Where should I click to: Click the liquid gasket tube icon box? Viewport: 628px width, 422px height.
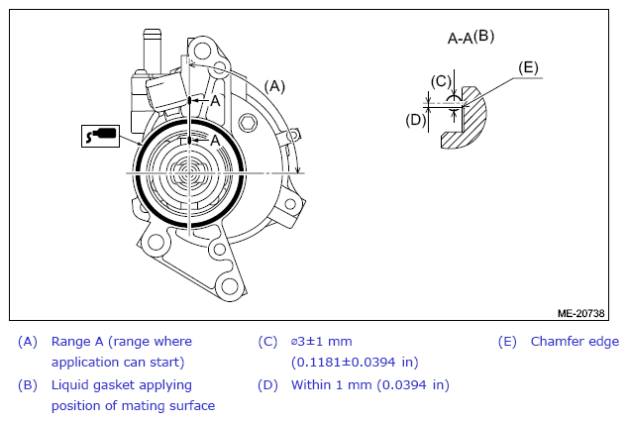(100, 136)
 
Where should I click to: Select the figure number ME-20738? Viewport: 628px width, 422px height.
(580, 313)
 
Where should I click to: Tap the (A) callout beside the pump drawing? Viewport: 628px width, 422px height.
(274, 86)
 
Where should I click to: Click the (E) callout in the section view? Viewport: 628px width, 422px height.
(528, 67)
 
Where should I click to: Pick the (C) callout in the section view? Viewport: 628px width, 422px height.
(441, 81)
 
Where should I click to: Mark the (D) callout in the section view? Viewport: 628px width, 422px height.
(416, 120)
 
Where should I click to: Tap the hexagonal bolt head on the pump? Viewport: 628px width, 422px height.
(247, 122)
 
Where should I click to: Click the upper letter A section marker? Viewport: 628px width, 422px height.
(215, 101)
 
